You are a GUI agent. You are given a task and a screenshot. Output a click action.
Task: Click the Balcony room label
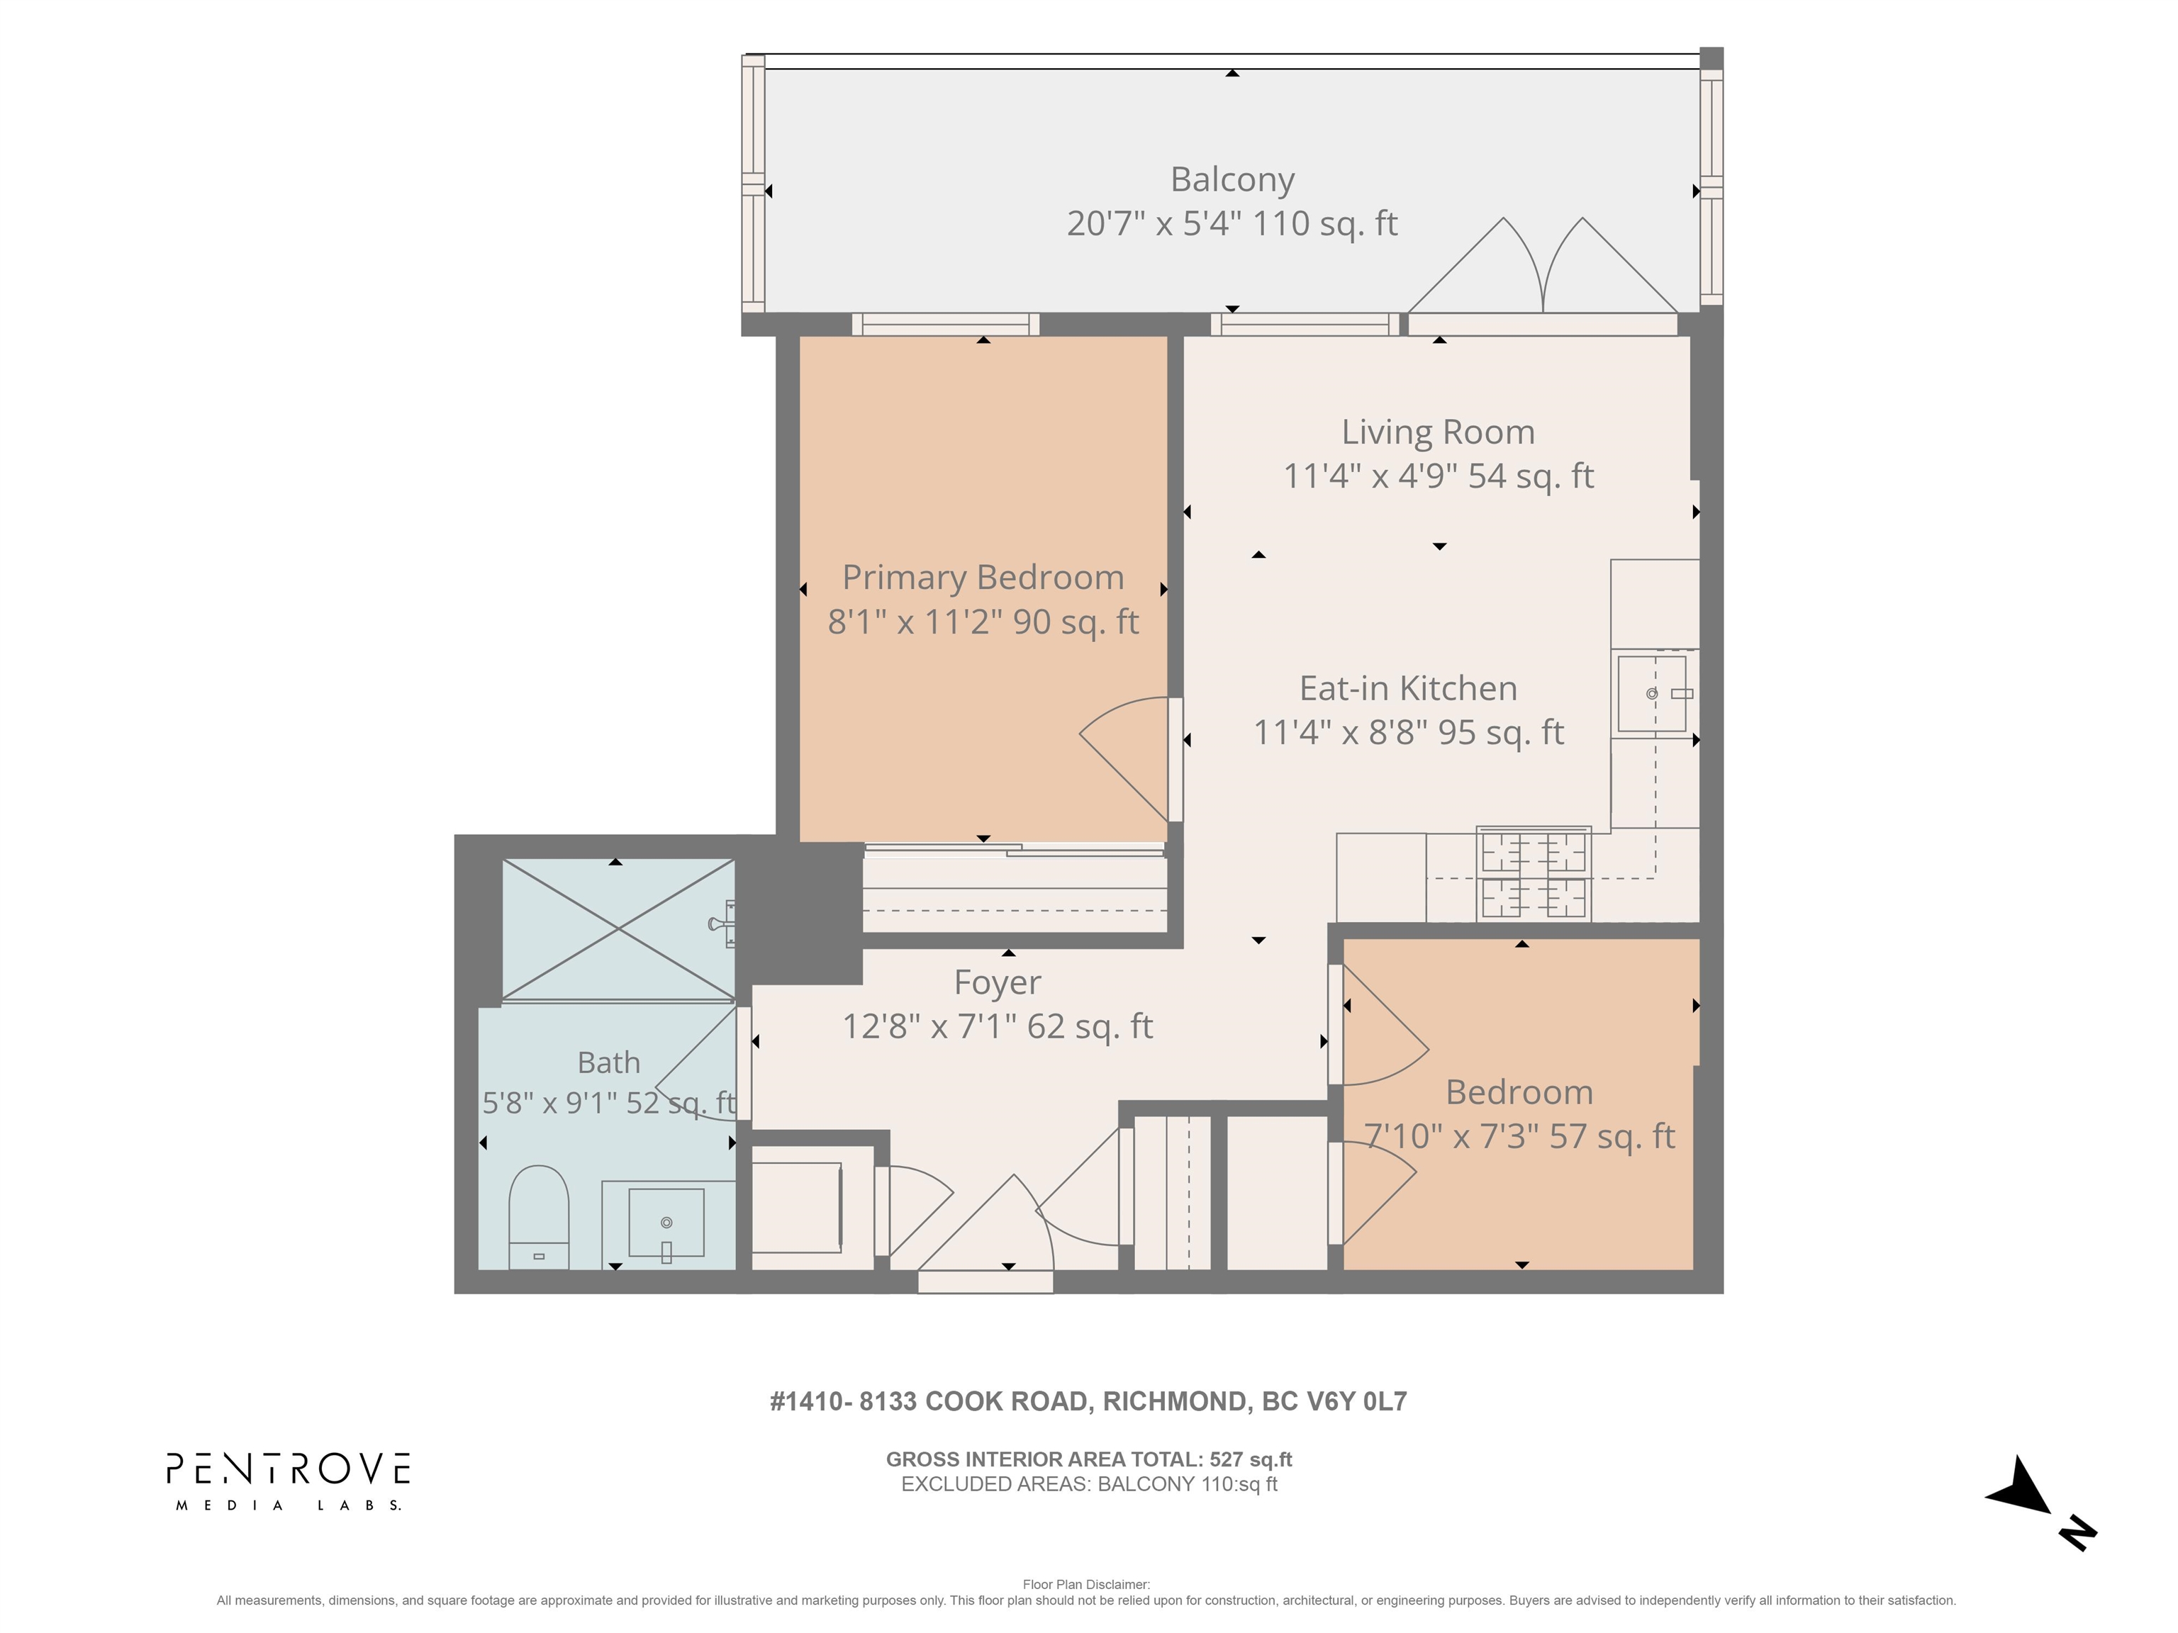[x=1232, y=180]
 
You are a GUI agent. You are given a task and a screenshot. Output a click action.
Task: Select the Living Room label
[x=1438, y=432]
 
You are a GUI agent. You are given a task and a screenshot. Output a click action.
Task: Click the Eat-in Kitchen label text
[x=1408, y=688]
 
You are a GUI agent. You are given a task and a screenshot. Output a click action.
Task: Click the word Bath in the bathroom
[x=608, y=1063]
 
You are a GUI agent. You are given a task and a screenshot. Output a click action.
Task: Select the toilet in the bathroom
[x=539, y=1218]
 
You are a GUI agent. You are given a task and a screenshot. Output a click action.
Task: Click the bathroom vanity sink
[x=666, y=1223]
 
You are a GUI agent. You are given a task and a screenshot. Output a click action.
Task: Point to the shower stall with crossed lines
[x=618, y=929]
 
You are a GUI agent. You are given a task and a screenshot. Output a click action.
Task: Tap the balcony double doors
[x=1543, y=266]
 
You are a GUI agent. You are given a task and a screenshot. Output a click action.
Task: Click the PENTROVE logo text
[x=288, y=1469]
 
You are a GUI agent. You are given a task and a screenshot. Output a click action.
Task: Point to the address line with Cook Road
[x=1088, y=1402]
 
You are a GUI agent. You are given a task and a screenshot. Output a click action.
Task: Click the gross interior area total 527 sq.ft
[x=1089, y=1460]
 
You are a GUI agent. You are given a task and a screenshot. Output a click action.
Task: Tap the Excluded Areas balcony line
[x=1089, y=1484]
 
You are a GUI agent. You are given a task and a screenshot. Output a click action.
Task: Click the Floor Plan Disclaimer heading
[x=1086, y=1585]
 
